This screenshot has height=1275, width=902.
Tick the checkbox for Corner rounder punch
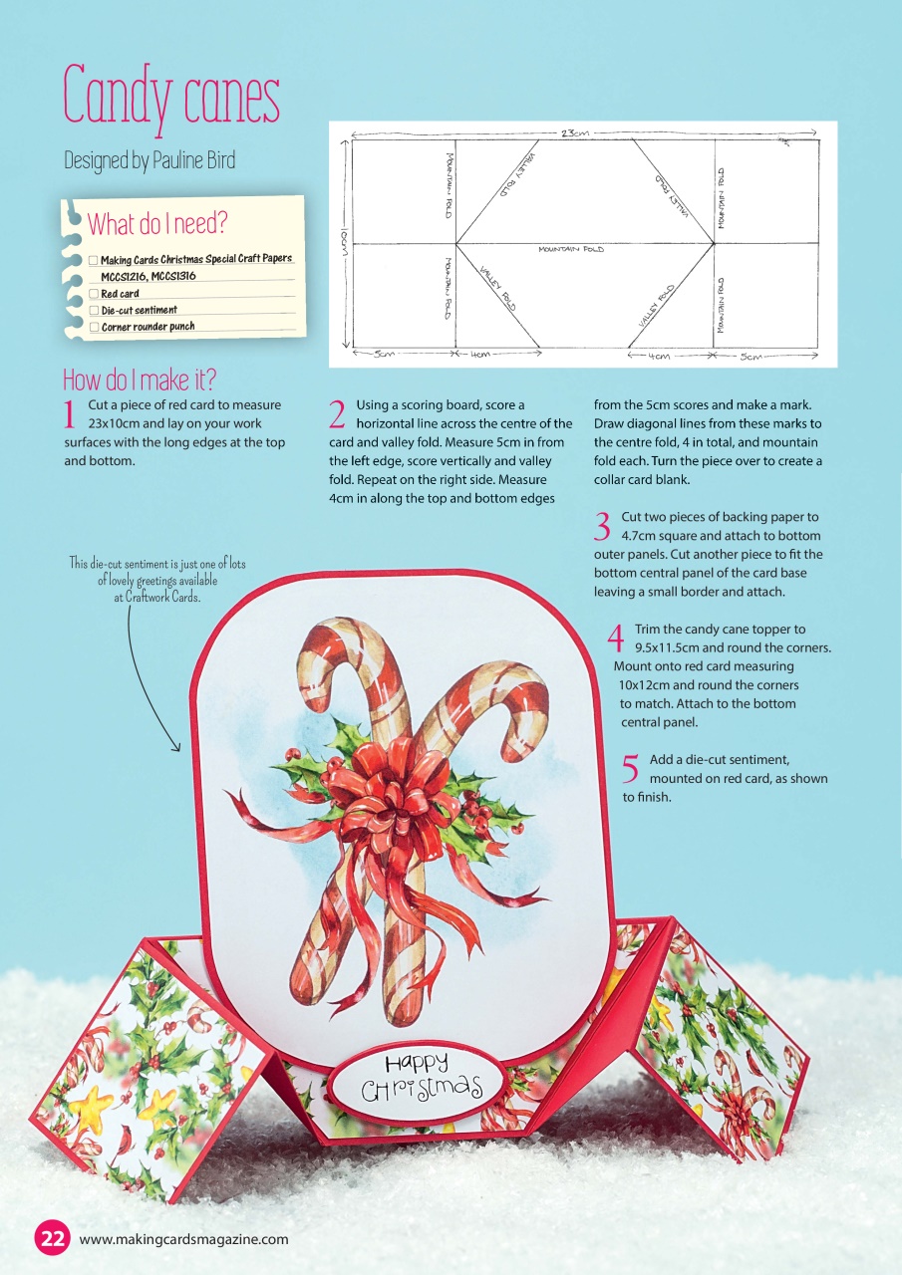coord(94,327)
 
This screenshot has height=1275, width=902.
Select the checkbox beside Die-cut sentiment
coord(94,311)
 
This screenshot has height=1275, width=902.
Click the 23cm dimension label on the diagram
coord(574,133)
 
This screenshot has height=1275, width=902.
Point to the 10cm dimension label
coord(345,242)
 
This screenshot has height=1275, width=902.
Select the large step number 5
coord(630,768)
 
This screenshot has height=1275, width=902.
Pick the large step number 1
coord(70,413)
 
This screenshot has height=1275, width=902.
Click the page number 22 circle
coord(52,1239)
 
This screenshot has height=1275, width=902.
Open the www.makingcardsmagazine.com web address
coord(183,1239)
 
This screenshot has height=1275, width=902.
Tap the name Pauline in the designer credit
coord(180,160)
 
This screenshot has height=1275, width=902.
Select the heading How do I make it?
coord(140,380)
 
